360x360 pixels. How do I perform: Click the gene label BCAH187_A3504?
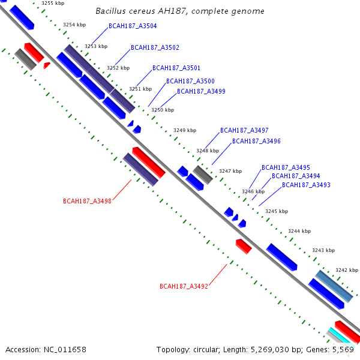tap(133, 26)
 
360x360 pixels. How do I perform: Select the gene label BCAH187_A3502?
tap(155, 47)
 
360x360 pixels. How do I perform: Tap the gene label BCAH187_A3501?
tap(176, 68)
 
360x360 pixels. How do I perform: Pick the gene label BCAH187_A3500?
tap(190, 81)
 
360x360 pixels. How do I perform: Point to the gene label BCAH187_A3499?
tap(201, 91)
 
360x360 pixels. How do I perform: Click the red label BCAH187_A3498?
tap(87, 201)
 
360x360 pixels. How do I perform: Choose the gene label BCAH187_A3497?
tap(244, 130)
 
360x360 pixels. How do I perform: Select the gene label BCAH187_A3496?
tap(256, 141)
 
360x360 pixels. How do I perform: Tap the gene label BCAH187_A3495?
tap(286, 167)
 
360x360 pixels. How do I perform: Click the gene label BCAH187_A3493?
tap(306, 185)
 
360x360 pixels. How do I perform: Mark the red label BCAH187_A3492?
tap(184, 286)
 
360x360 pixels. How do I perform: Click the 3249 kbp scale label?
tap(185, 130)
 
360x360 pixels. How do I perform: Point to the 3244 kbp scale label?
tap(299, 231)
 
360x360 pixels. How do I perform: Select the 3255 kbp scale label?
tap(53, 4)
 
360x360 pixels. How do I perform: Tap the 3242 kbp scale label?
tap(347, 270)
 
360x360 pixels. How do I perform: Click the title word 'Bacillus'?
tap(110, 11)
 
